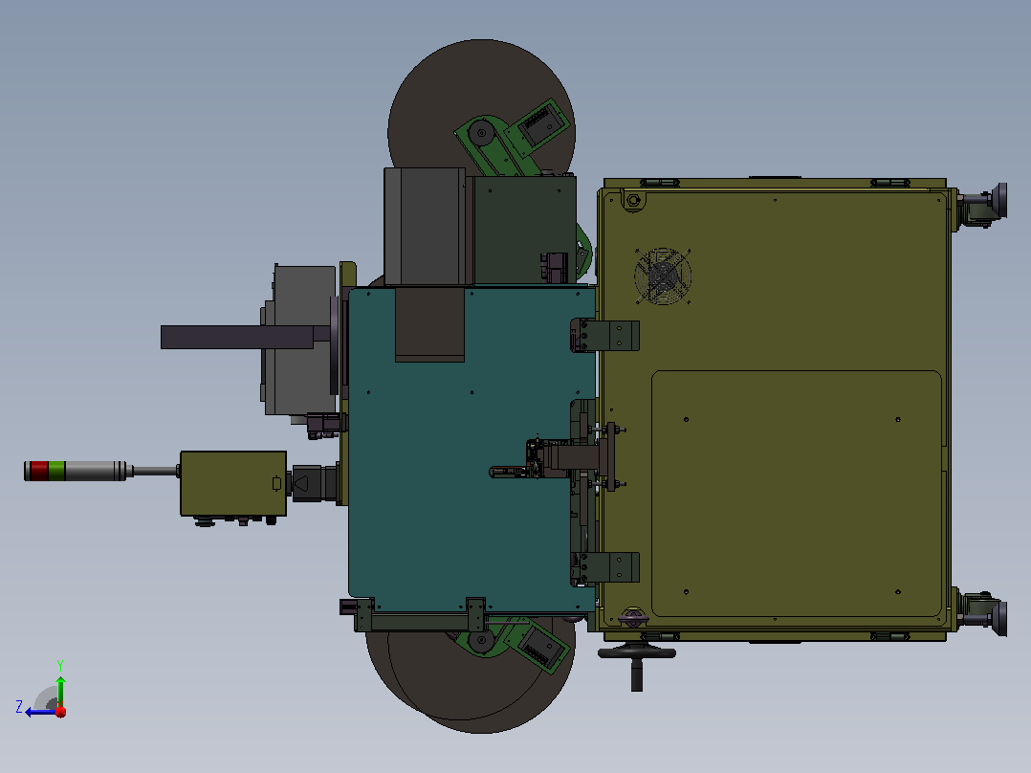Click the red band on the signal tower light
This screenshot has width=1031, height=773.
tap(39, 471)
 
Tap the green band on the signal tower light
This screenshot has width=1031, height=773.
tap(57, 471)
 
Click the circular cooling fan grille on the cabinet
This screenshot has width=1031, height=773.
tap(663, 276)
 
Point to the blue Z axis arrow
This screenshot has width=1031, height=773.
tap(41, 712)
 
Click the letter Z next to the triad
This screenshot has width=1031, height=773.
tap(19, 707)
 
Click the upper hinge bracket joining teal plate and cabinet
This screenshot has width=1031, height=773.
tap(604, 336)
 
